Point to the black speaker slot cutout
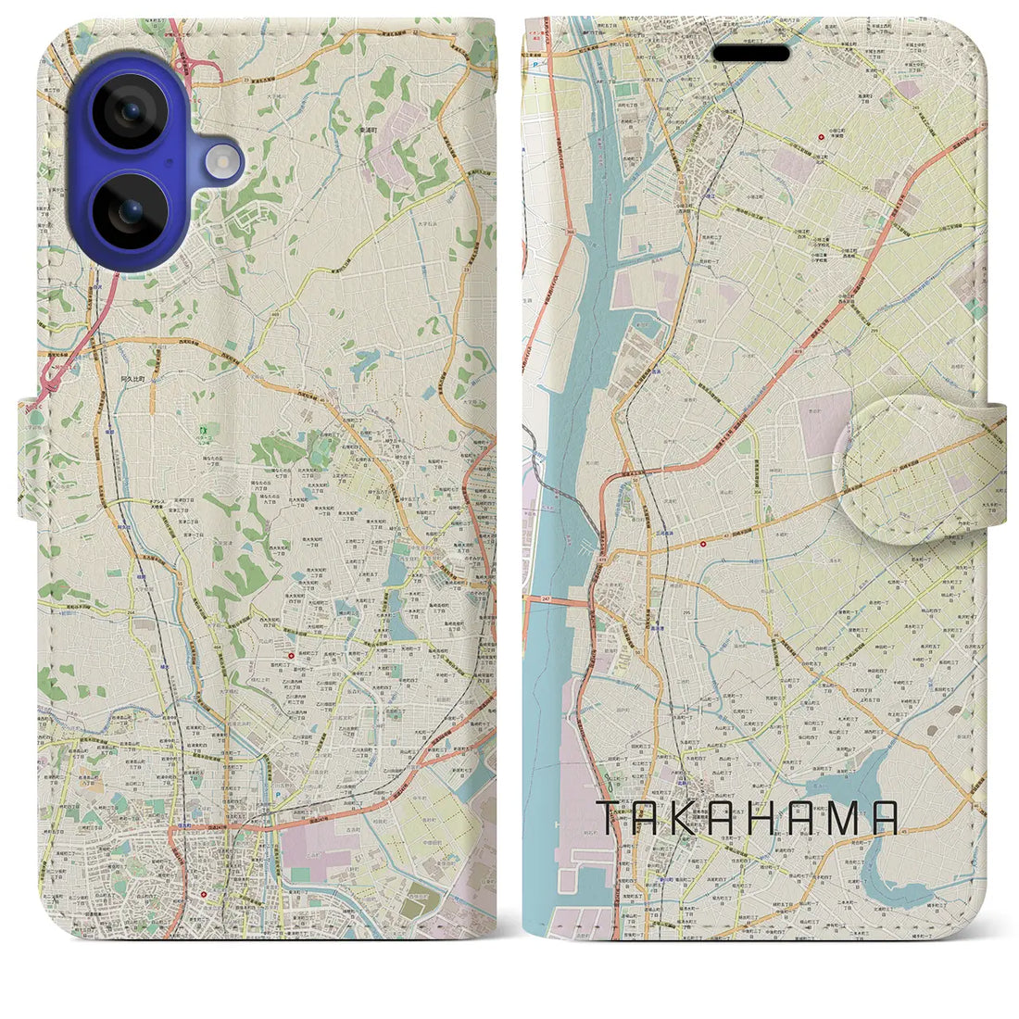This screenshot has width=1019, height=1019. tap(750, 54)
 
